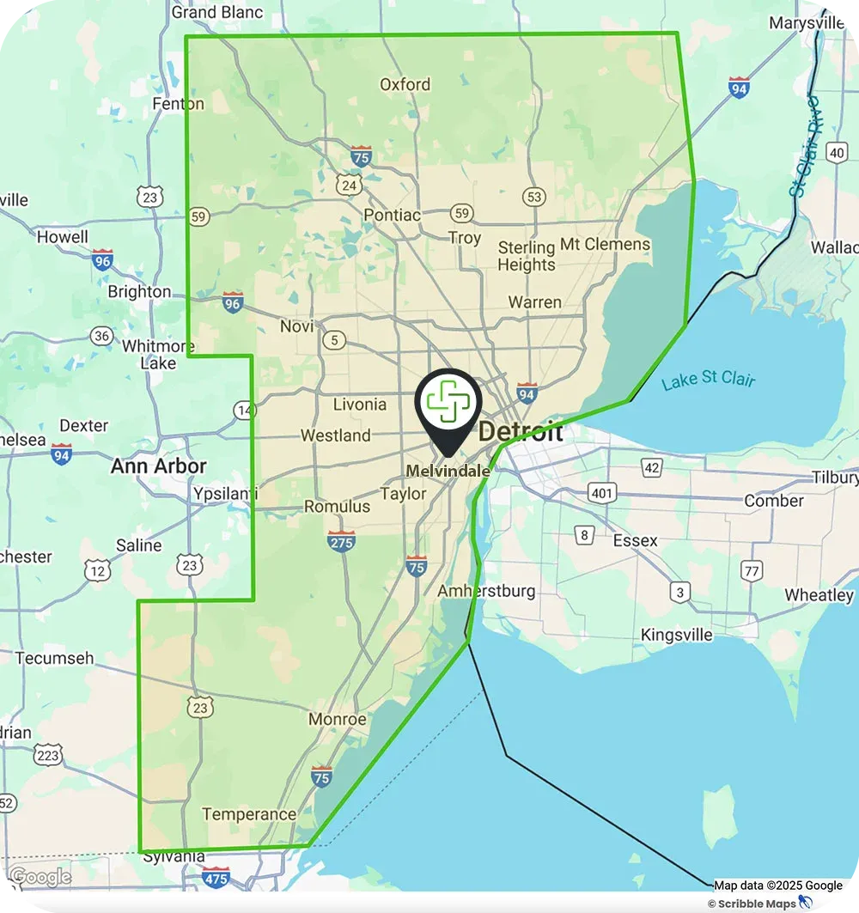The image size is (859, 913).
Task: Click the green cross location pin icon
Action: pos(448,403)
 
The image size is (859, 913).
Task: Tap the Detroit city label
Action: pos(521,431)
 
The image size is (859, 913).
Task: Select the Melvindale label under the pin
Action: pos(448,471)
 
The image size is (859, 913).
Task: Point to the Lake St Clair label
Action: pos(708,379)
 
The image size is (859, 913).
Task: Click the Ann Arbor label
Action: pos(159,466)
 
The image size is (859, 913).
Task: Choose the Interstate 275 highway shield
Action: pos(341,541)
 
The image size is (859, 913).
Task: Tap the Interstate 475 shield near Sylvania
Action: pos(216,877)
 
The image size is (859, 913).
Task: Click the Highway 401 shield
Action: pos(600,492)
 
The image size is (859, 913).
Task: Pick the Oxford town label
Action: pos(405,84)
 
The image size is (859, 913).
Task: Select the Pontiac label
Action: pos(393,215)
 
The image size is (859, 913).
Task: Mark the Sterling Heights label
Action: pos(527,256)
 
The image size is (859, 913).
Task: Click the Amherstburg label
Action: pos(486,591)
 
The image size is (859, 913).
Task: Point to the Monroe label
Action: pos(337,720)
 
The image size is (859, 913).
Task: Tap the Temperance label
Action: pos(249,814)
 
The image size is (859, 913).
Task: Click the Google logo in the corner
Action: pos(40,877)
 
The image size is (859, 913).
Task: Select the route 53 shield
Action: pos(534,198)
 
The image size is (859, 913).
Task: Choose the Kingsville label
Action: pos(677,635)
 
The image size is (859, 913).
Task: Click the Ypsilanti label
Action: pos(225,496)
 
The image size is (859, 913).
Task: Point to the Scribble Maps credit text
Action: pos(752,904)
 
